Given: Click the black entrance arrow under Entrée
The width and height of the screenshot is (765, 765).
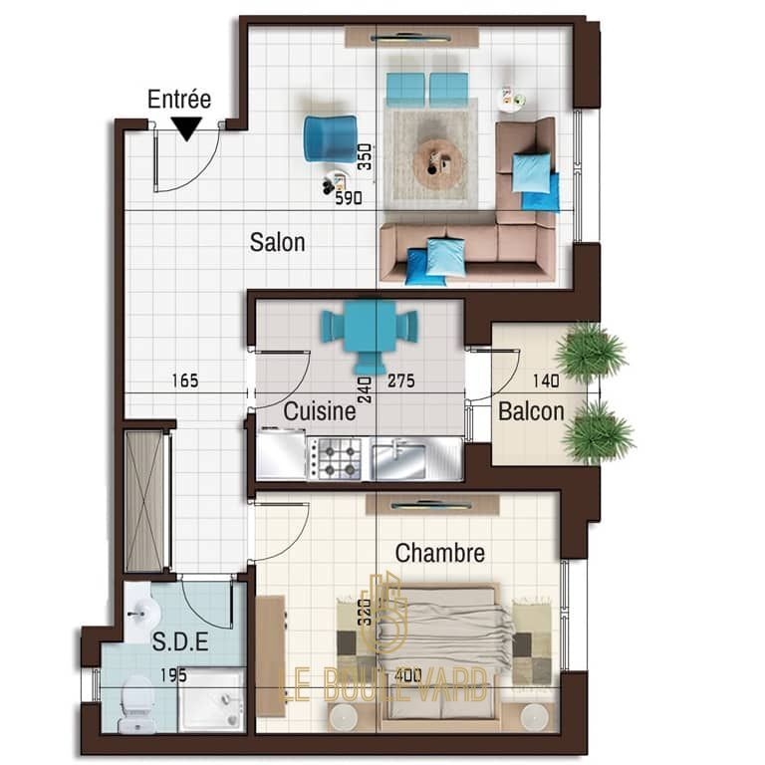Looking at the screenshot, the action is tap(187, 129).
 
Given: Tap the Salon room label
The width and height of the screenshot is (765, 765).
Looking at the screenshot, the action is tap(277, 242).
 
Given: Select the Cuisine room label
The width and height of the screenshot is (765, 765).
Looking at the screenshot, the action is tap(320, 410).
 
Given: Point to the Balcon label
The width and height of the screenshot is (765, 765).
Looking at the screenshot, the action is tap(531, 410).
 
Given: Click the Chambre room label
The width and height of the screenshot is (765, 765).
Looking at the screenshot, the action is tap(440, 553).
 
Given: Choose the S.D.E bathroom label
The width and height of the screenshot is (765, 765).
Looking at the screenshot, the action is tap(180, 641).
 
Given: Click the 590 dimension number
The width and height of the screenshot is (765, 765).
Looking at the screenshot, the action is tap(349, 197).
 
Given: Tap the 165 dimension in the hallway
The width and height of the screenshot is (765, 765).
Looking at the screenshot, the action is tap(185, 381).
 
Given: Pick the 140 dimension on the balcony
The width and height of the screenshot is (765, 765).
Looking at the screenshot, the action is tap(546, 381).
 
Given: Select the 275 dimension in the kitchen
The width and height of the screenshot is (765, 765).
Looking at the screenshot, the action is tap(401, 381).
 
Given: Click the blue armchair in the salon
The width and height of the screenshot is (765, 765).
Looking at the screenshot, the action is tap(331, 138).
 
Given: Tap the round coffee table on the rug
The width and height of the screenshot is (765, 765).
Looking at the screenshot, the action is tap(437, 161).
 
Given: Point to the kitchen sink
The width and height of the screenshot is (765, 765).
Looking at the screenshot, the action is tap(398, 459).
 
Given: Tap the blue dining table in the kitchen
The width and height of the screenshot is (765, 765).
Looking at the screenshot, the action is tap(370, 325).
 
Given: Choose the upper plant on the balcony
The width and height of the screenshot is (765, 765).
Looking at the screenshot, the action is tap(592, 353).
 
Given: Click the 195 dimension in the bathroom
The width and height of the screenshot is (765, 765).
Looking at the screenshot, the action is tap(173, 675).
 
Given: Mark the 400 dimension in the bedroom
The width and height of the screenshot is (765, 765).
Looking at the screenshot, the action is tap(407, 675).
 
